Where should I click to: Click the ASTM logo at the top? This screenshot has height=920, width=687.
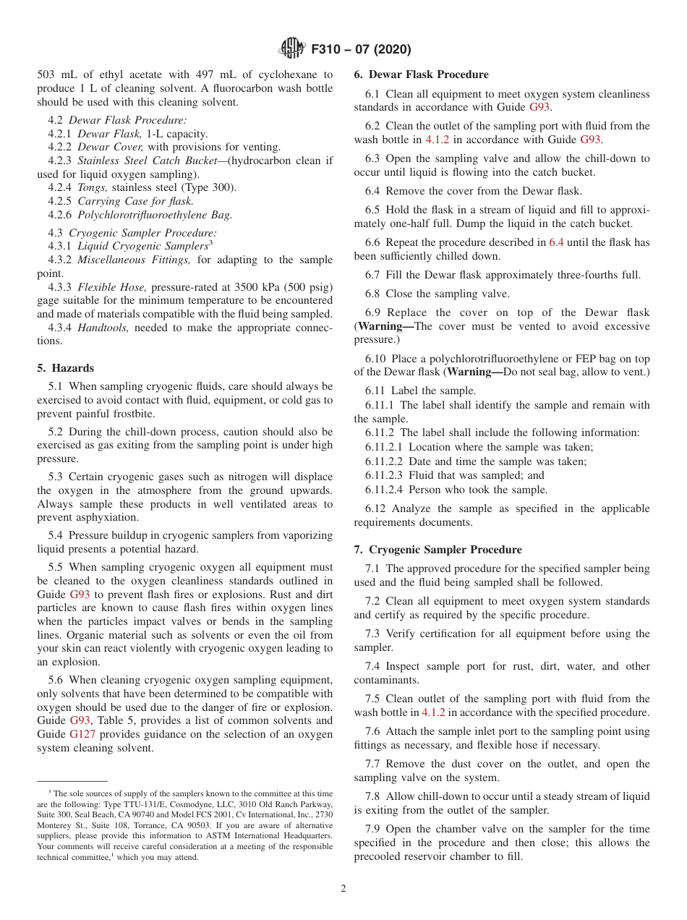click(x=292, y=49)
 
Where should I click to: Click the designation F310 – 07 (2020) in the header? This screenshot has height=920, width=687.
click(x=361, y=49)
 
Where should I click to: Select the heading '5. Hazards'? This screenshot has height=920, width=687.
click(x=66, y=368)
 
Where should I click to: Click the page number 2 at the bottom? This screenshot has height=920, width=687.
click(x=343, y=888)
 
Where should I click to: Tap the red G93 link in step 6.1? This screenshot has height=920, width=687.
click(x=539, y=107)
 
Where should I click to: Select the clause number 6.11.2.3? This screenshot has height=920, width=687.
click(x=384, y=475)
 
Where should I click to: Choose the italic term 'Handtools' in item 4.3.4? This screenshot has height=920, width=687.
click(x=100, y=328)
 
